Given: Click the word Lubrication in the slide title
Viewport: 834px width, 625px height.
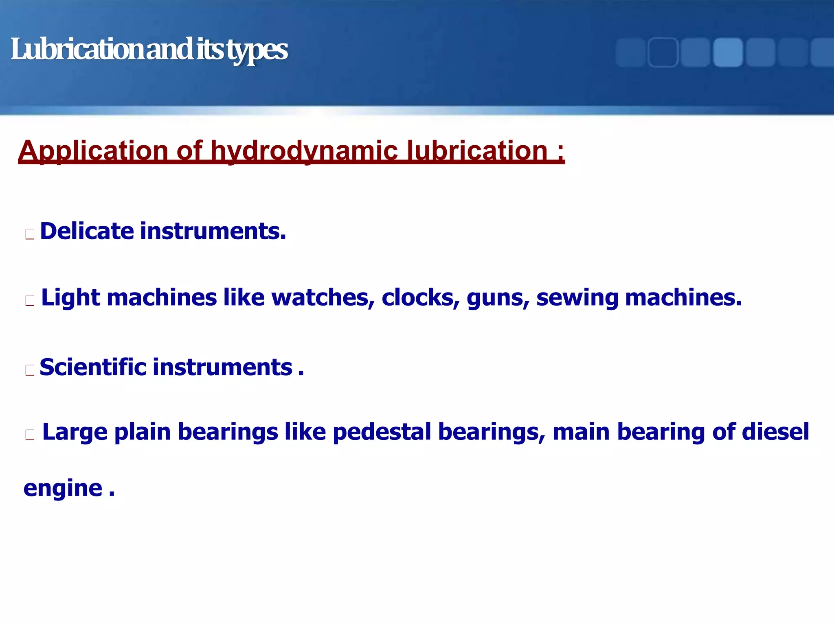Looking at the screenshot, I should coord(77,50).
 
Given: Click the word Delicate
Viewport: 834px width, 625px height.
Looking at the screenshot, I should coord(87,231).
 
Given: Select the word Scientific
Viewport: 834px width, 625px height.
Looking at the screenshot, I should coord(93,367).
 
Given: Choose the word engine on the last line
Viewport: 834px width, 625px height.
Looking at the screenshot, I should coord(63,489).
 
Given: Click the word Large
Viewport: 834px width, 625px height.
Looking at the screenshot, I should coord(75,432).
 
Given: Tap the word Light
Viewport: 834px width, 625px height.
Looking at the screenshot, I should coord(70,297).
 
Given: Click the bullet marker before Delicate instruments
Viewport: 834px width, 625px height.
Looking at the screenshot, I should coord(29,234).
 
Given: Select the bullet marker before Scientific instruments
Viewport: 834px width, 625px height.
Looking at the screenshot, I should coord(29,370).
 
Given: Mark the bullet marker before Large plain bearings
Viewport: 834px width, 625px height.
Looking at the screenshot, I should coord(29,435).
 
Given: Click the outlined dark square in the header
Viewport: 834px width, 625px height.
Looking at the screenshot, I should coord(663,52).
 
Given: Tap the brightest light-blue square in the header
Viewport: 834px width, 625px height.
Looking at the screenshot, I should coord(728,52).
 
